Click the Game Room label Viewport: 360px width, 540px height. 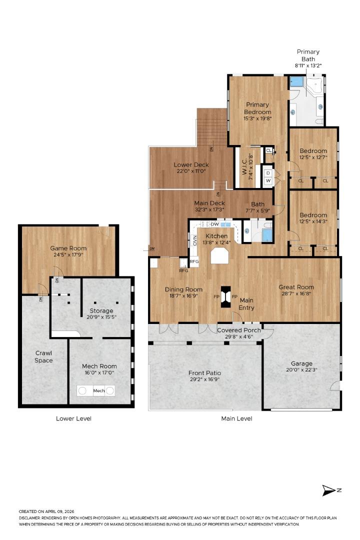point(68,248)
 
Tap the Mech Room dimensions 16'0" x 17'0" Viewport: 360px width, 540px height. point(99,372)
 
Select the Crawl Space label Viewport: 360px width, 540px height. point(43,356)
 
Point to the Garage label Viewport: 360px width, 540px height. point(301,363)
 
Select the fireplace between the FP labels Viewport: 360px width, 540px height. point(226,296)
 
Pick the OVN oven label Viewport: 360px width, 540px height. point(194,240)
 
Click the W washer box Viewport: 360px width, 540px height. point(268,181)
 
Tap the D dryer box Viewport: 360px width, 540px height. point(268,173)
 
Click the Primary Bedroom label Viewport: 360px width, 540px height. point(257,108)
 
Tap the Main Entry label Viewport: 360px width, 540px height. point(246,303)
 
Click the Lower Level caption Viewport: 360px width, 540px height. point(73,418)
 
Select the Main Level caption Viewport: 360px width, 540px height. point(236,418)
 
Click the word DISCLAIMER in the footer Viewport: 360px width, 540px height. point(31,518)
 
